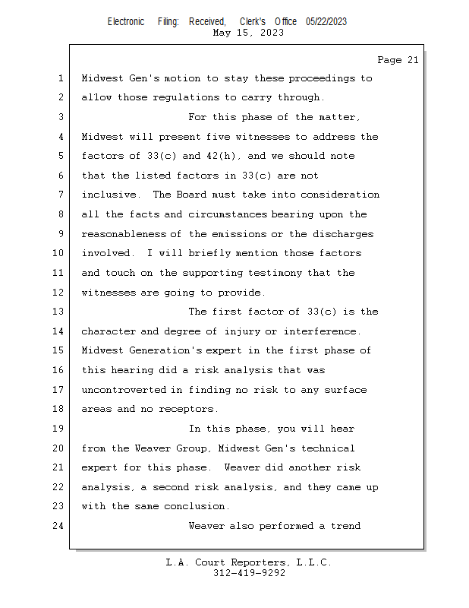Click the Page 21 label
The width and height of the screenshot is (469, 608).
click(x=398, y=59)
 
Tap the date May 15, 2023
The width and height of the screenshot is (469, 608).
click(x=248, y=33)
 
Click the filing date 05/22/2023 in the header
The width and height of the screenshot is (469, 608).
click(x=326, y=21)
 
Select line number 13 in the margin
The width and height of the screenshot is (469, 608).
click(x=61, y=312)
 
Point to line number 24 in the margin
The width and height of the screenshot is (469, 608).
click(x=61, y=526)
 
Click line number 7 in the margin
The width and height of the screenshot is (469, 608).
click(x=61, y=195)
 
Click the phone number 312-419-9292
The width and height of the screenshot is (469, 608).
click(x=249, y=573)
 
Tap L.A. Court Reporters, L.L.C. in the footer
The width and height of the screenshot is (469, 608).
click(x=248, y=562)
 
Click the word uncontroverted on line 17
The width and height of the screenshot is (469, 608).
click(x=124, y=390)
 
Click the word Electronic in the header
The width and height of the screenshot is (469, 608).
click(x=125, y=21)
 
